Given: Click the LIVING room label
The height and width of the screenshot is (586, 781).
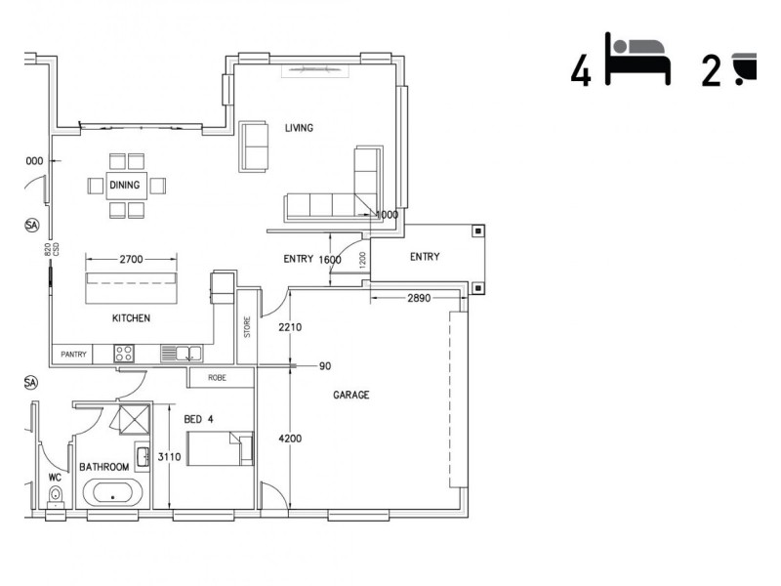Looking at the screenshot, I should [299, 128].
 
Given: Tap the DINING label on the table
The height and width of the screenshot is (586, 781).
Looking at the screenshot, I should [124, 185].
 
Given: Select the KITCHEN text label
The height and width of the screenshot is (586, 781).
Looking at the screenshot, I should [131, 318].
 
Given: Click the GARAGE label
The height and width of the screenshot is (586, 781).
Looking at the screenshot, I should [351, 396].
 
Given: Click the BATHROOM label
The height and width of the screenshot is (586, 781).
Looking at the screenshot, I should [104, 467].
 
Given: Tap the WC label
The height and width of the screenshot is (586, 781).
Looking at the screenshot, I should [55, 478].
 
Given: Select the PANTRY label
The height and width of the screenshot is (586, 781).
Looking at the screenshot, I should [73, 354].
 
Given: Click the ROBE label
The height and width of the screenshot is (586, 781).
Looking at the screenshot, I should [217, 376].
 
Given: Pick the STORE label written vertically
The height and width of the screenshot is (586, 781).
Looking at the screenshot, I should [248, 325].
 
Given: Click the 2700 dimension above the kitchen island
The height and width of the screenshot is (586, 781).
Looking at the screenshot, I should [131, 260].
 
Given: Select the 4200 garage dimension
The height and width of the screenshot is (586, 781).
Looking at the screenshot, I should [289, 439].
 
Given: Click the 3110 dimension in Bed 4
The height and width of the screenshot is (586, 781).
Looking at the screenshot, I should [169, 457].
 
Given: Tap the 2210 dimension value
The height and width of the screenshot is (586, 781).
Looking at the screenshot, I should [289, 327].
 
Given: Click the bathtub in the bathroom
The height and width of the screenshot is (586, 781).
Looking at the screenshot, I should [113, 492].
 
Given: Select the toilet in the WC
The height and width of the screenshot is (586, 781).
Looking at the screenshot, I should [56, 496].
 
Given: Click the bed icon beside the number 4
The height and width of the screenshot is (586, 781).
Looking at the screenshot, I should [637, 61].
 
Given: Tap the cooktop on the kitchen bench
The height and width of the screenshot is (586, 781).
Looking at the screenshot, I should [125, 354].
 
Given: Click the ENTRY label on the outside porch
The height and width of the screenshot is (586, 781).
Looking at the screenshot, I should [424, 257].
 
